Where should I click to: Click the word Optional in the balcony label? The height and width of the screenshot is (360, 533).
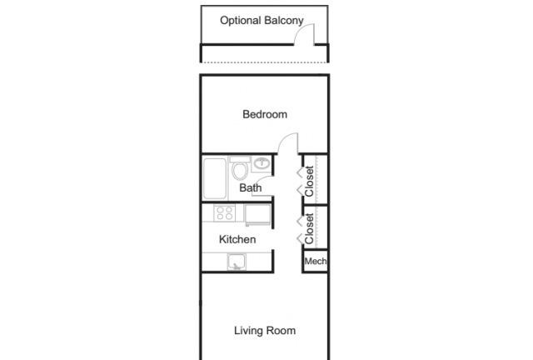241,20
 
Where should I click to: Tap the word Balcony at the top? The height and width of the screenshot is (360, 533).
283,20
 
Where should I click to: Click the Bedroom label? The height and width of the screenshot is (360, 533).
265,114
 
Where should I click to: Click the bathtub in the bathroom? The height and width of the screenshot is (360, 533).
215,178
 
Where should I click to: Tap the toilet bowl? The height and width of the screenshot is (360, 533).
240,171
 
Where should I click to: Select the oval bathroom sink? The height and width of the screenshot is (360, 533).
262,163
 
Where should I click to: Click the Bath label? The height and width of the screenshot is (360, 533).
251,187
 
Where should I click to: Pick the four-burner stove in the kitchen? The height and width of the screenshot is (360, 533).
225,212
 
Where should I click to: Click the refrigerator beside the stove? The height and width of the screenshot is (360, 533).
257,214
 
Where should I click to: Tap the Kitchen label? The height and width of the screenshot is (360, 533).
237,239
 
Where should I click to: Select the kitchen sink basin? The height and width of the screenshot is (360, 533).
237,262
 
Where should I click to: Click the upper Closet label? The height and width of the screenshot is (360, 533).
309,182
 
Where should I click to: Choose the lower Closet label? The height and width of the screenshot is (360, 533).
309,228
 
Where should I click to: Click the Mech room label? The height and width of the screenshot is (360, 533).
316,262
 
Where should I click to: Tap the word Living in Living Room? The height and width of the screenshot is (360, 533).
248,331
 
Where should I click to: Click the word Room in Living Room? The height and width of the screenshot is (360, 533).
281,331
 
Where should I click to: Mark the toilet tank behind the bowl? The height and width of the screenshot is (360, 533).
240,160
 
